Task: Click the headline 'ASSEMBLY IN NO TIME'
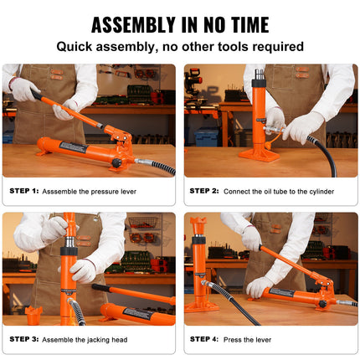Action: tap(180, 24)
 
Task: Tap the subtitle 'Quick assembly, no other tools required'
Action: tap(180, 47)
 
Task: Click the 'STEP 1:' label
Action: tap(24, 191)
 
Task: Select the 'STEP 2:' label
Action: tap(204, 191)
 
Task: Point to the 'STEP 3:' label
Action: tap(24, 339)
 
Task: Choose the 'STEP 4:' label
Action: tap(204, 339)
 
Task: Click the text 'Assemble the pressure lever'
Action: tap(90, 191)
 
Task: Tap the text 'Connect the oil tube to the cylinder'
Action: tap(280, 191)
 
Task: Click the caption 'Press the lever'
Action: tap(248, 339)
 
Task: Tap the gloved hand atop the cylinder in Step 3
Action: tap(54, 228)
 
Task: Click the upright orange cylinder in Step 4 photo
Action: tap(199, 268)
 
